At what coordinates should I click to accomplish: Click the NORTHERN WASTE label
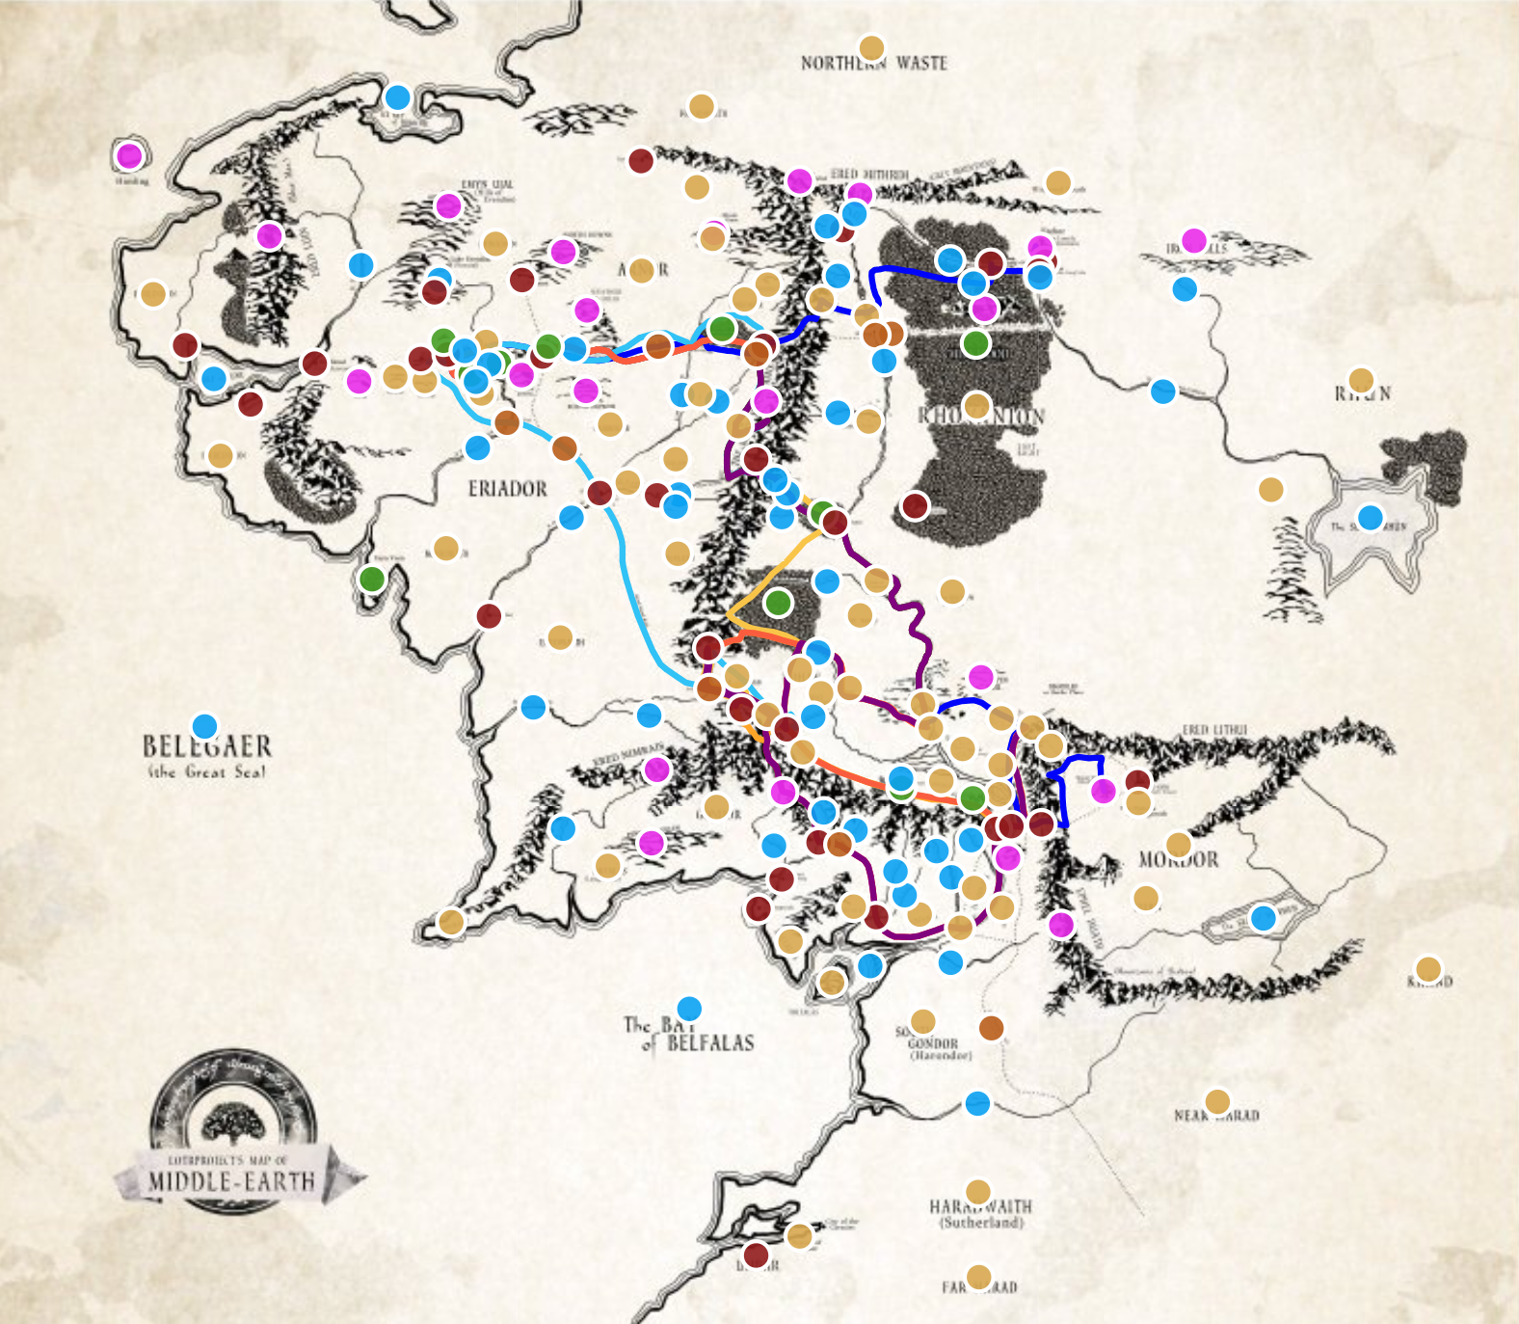[x=873, y=64]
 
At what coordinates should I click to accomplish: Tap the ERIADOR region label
[x=507, y=489]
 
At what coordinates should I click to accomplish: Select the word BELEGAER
[x=207, y=746]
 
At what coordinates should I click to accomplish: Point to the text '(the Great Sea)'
[x=207, y=771]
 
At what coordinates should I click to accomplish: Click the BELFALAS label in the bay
[x=710, y=1042]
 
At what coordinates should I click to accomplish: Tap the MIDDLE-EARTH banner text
[x=231, y=1181]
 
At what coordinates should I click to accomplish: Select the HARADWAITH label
[x=979, y=1206]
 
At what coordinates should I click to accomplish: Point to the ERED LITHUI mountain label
[x=1214, y=730]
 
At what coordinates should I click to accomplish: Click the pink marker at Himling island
[x=129, y=155]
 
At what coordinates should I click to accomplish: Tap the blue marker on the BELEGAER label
[x=204, y=726]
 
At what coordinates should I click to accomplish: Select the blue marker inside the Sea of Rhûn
[x=1370, y=518]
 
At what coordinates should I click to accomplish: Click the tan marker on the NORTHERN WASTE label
[x=871, y=48]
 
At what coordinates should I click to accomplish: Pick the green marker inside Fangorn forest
[x=778, y=603]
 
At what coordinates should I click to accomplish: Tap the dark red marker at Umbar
[x=756, y=1256]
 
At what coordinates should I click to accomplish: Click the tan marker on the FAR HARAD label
[x=978, y=1277]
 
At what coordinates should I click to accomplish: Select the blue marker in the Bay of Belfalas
[x=689, y=1010]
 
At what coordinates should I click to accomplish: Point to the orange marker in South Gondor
[x=991, y=1028]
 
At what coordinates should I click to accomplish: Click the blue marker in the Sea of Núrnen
[x=1263, y=917]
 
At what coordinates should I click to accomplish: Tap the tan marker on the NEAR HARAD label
[x=1217, y=1101]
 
